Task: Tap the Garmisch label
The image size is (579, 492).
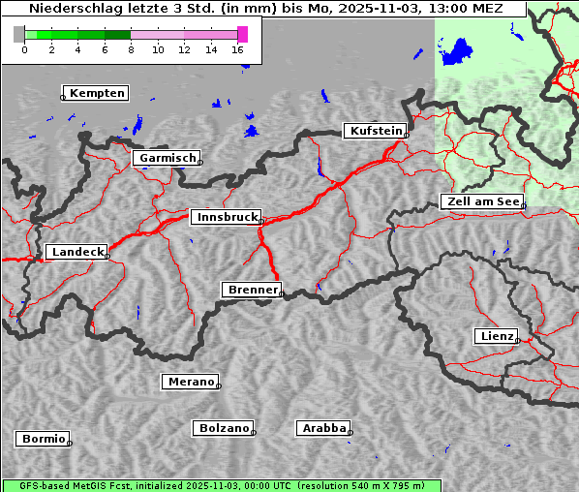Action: click(x=168, y=158)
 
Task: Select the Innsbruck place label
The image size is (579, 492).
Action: click(x=226, y=217)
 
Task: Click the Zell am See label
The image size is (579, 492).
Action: click(x=481, y=201)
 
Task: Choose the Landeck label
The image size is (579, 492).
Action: click(x=76, y=252)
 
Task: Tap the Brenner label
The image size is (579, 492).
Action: click(x=253, y=290)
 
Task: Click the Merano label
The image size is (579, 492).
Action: click(x=190, y=382)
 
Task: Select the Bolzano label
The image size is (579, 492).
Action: click(x=224, y=427)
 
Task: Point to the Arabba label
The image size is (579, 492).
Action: click(x=322, y=427)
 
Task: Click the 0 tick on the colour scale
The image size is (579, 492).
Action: click(x=24, y=49)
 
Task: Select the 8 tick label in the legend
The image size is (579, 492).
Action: click(x=131, y=49)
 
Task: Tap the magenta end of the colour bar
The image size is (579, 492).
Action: click(x=242, y=34)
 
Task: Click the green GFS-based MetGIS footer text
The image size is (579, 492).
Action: click(x=221, y=485)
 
